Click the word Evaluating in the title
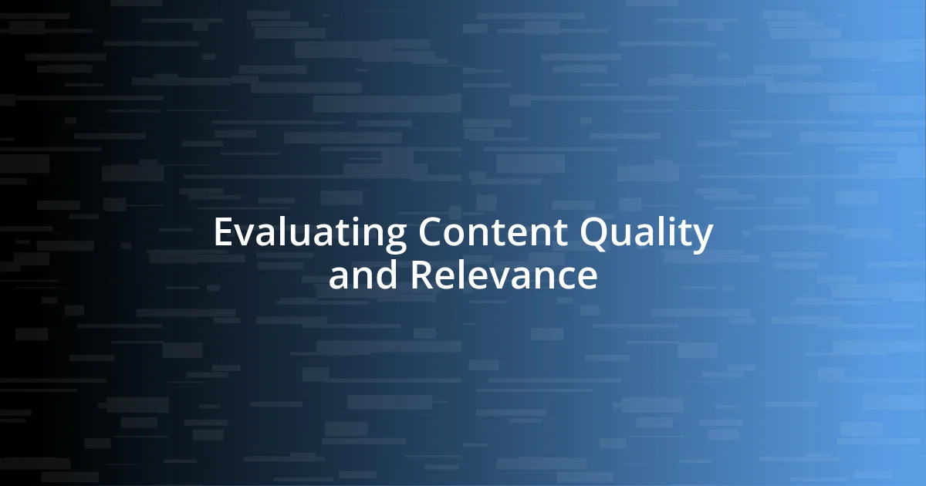click(309, 233)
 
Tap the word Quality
click(647, 233)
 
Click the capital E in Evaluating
click(223, 233)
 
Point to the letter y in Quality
click(702, 238)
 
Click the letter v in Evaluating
click(245, 235)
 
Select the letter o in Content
click(458, 235)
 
